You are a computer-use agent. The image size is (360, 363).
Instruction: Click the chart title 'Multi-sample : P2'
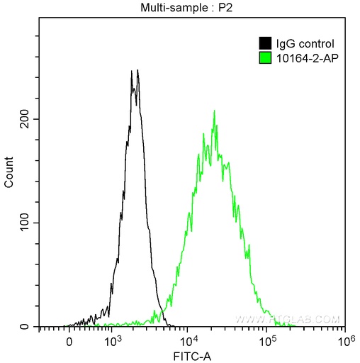pyautogui.click(x=189, y=8)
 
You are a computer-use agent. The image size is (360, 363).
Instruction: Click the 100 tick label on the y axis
pyautogui.click(x=23, y=223)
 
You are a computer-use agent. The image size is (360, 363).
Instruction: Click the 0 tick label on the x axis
pyautogui.click(x=69, y=341)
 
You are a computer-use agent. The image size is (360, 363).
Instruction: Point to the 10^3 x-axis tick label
pyautogui.click(x=111, y=340)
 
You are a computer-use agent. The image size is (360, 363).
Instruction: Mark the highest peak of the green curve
pyautogui.click(x=214, y=111)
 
